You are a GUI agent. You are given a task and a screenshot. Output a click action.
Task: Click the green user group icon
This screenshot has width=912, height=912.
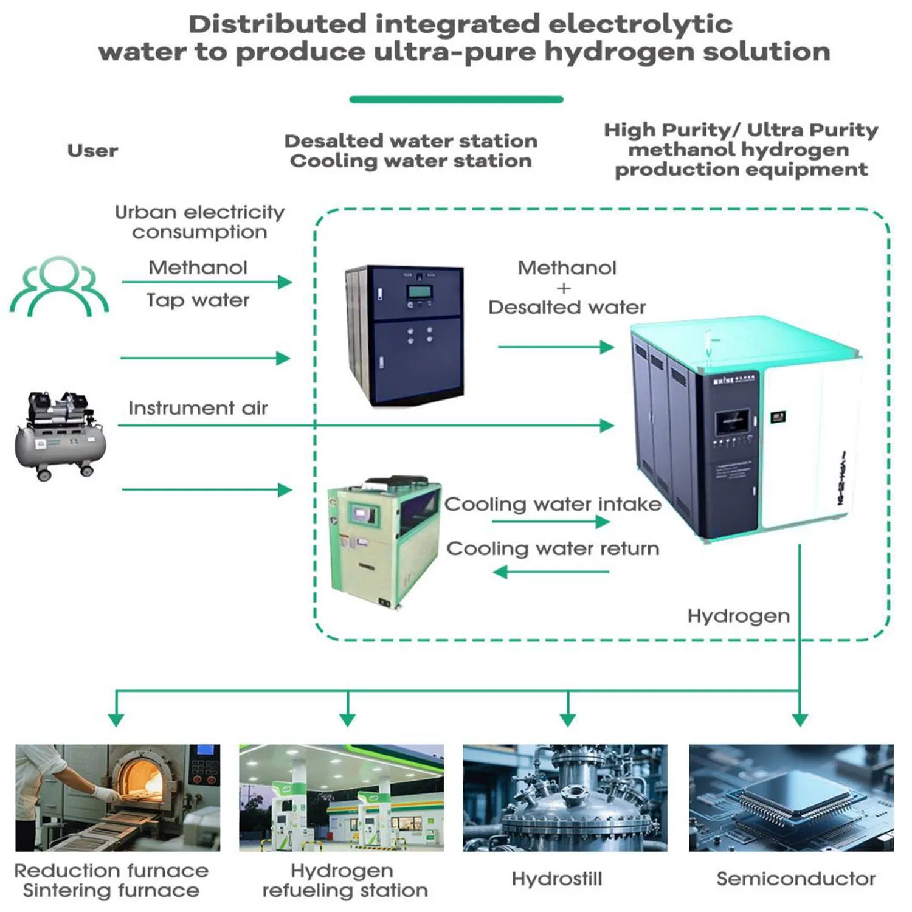(x=59, y=286)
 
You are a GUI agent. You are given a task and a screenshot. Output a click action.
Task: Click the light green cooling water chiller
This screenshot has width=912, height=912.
(x=383, y=541)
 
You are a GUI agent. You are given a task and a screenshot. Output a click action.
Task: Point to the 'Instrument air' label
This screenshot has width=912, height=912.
(x=198, y=408)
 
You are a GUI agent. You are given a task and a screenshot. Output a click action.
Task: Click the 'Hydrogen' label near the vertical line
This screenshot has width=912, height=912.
(x=738, y=616)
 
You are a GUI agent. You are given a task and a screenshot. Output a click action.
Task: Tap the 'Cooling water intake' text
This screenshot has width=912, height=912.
(x=552, y=504)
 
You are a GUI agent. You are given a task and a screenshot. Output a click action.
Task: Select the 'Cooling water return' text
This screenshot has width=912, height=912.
(x=552, y=548)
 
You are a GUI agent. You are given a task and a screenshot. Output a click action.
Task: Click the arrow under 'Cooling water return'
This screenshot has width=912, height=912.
(x=551, y=572)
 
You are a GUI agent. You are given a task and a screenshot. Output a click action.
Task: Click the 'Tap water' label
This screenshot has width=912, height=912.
(x=198, y=300)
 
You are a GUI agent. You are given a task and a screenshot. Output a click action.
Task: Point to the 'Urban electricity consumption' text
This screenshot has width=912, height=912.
(x=199, y=222)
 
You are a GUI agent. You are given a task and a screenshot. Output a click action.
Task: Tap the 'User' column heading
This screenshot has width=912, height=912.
(x=92, y=151)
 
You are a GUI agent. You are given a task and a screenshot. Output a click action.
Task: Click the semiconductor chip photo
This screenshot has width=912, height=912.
(x=791, y=798)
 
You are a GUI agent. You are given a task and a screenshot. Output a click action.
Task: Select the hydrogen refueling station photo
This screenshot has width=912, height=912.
(x=341, y=798)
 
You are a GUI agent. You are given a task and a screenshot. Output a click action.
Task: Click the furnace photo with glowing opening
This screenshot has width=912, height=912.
(x=117, y=798)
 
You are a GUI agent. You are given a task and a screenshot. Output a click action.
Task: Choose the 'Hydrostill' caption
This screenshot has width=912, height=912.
(x=556, y=879)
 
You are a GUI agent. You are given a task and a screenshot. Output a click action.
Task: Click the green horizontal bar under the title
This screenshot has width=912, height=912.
(x=456, y=100)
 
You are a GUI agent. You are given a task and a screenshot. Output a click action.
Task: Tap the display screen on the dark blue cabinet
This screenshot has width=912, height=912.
(x=420, y=291)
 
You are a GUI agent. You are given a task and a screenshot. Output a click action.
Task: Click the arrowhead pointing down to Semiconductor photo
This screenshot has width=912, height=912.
(x=800, y=720)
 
